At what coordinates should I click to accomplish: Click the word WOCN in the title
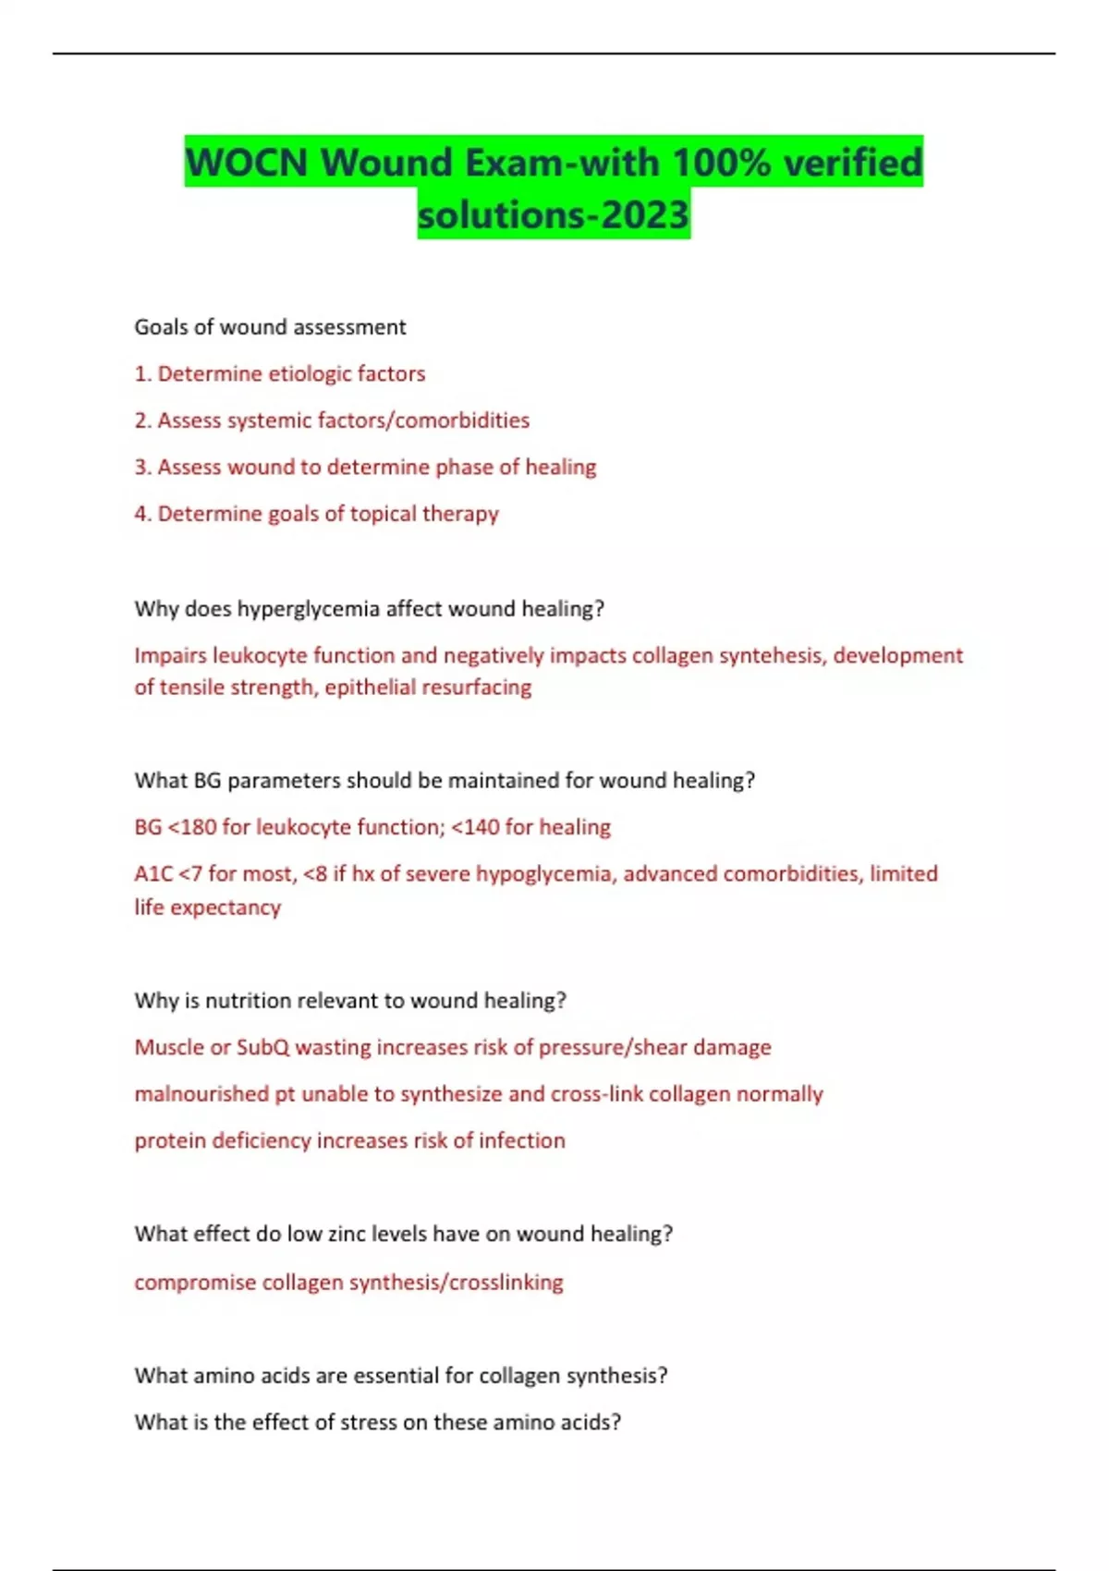[x=247, y=163]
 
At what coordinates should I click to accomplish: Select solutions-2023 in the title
[x=554, y=214]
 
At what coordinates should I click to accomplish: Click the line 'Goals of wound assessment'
[x=270, y=327]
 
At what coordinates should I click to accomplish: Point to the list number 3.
[x=141, y=468]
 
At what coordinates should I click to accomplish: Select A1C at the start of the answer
[x=153, y=874]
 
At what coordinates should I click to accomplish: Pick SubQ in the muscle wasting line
[x=262, y=1048]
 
